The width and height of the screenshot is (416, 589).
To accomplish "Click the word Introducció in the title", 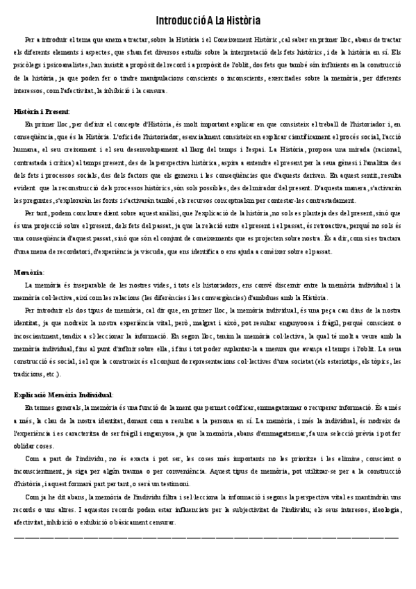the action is pyautogui.click(x=176, y=22).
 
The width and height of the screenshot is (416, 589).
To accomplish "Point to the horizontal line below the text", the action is pyautogui.click(x=206, y=537).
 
